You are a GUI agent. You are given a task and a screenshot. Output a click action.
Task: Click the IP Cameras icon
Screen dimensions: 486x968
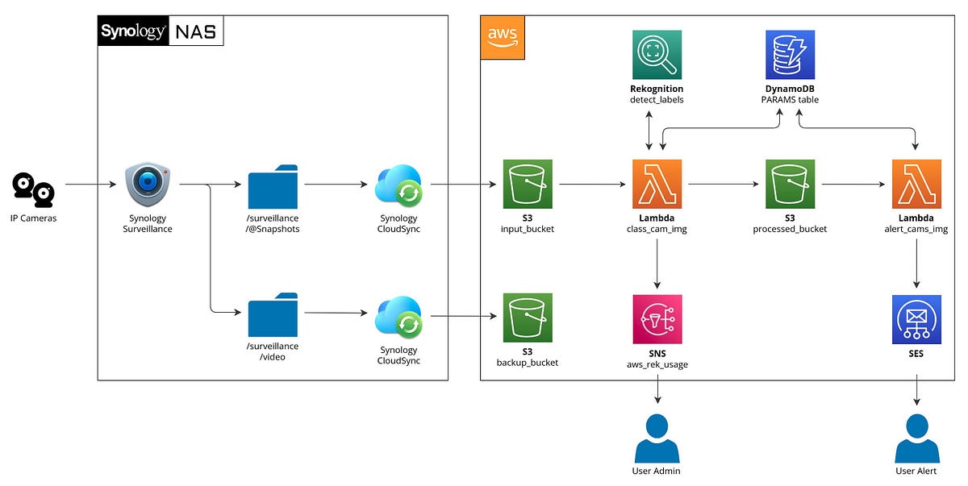[x=33, y=189]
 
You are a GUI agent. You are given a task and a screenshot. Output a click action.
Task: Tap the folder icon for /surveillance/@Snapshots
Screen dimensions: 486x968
[x=273, y=185]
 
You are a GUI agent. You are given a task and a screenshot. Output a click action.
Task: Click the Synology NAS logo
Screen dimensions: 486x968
[x=161, y=32]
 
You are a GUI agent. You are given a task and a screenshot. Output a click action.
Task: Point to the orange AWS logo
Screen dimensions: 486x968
[x=503, y=37]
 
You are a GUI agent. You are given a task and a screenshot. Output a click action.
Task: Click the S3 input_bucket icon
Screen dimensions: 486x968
[x=528, y=185]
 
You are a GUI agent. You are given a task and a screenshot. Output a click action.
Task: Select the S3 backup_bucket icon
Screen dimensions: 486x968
[x=528, y=318]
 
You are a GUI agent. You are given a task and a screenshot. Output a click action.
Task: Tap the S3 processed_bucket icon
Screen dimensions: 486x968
[x=790, y=185]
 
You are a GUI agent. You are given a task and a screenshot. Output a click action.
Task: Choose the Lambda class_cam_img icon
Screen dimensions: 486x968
[x=657, y=185]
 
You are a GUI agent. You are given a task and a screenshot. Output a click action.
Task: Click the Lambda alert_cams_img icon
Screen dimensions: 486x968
[x=916, y=185]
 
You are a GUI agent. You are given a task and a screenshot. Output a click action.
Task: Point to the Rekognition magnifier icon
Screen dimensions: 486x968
[x=657, y=55]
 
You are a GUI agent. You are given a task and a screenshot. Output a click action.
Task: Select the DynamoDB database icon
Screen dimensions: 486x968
[x=790, y=55]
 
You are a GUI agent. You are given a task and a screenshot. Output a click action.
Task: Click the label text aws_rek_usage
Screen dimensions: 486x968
[x=657, y=365]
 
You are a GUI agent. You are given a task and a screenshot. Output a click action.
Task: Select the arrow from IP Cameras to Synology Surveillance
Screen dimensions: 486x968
[x=90, y=185]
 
